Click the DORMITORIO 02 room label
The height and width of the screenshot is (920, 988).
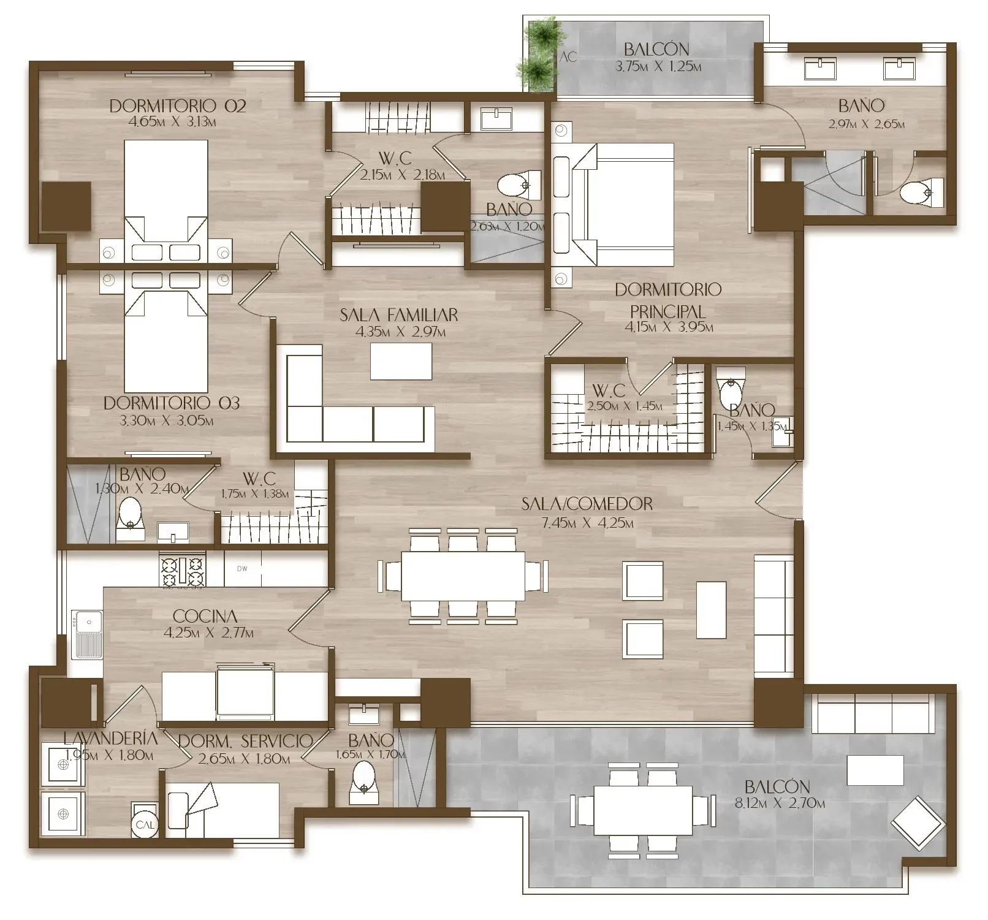click(178, 106)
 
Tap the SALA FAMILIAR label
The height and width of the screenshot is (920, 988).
click(399, 315)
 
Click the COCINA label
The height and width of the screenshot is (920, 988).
click(205, 616)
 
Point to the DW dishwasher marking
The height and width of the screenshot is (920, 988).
click(242, 569)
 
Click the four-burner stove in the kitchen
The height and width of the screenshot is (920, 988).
click(183, 571)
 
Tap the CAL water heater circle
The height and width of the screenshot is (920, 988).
click(145, 825)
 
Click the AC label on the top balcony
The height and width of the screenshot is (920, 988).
click(569, 57)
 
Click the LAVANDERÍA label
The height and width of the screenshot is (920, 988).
click(110, 739)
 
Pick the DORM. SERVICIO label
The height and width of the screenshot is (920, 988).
click(245, 741)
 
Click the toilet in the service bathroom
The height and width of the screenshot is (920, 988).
click(364, 781)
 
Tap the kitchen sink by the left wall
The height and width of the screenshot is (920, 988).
click(87, 634)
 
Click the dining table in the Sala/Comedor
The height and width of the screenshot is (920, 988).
click(463, 576)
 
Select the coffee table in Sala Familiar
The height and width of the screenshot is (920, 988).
click(401, 362)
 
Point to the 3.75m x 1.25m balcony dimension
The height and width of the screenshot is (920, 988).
click(658, 66)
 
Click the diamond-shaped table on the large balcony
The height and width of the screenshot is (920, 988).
click(916, 822)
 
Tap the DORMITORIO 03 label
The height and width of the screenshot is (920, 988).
click(172, 403)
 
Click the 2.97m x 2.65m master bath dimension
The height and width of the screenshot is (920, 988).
click(866, 124)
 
